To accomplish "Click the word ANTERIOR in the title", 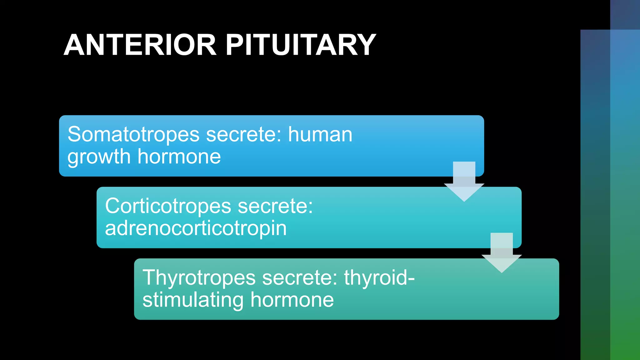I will (140, 45).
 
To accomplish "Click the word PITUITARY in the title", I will (301, 45).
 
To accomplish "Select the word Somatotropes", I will (133, 134).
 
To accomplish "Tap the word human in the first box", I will (320, 134).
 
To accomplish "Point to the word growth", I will (99, 157).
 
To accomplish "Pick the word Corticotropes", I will (168, 206).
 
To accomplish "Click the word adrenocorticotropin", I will (196, 228).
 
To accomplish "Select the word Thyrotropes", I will (199, 278).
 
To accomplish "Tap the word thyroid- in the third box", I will (379, 277).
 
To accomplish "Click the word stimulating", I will (193, 300).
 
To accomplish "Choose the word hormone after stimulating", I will (292, 300).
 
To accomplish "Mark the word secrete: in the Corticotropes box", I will (275, 206).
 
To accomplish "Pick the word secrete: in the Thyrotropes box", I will (300, 278).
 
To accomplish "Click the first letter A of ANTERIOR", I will (75, 45).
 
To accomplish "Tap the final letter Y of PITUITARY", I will (365, 45).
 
